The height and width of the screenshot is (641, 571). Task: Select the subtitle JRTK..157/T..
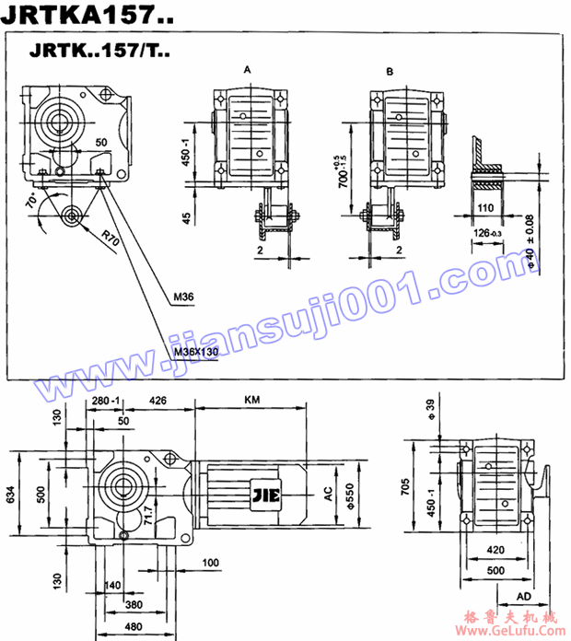click(99, 53)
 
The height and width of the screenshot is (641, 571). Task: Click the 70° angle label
click(30, 199)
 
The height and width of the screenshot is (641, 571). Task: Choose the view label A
click(247, 70)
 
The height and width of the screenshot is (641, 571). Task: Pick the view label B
click(390, 71)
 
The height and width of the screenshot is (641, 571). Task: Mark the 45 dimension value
click(188, 218)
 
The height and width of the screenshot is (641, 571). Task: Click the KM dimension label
click(251, 401)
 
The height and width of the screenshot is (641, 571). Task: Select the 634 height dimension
click(10, 495)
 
